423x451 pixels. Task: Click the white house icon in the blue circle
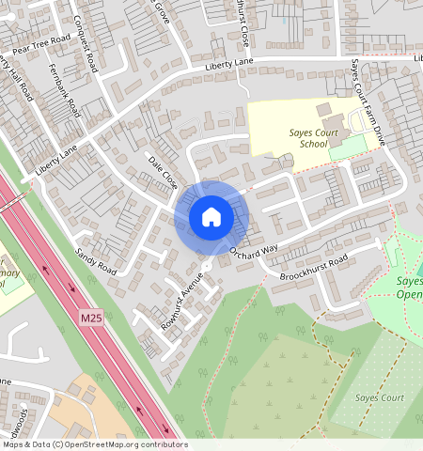[x=211, y=217]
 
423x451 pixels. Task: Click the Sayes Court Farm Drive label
[x=368, y=104]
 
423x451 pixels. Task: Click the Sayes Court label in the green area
[x=379, y=397]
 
